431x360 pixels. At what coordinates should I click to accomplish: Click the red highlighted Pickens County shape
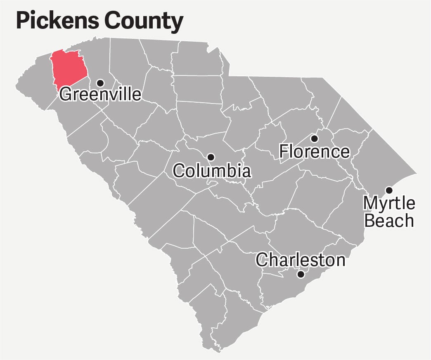tap(68, 68)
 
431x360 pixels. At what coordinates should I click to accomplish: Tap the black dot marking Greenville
tap(100, 82)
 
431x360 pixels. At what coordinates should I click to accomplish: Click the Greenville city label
tap(100, 94)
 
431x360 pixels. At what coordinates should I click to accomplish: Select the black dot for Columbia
tap(211, 157)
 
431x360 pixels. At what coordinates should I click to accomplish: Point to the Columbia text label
tap(211, 171)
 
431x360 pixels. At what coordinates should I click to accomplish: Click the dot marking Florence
tap(314, 138)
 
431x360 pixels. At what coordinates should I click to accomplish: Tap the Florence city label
tap(315, 151)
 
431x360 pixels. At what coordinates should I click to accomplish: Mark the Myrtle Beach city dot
tap(388, 190)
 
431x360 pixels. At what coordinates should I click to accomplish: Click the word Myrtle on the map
tap(389, 203)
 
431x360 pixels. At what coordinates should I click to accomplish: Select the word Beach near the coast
tap(389, 221)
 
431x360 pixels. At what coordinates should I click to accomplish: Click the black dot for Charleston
tap(301, 274)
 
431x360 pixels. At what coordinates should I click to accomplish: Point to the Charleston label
tap(300, 260)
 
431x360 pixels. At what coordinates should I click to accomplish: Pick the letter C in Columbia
tap(178, 171)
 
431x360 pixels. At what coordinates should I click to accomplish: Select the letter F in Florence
tap(284, 151)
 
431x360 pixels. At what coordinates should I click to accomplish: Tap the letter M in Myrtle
tap(369, 203)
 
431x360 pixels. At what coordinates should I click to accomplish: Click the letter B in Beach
tap(369, 221)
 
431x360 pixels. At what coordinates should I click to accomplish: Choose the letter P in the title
tap(22, 21)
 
